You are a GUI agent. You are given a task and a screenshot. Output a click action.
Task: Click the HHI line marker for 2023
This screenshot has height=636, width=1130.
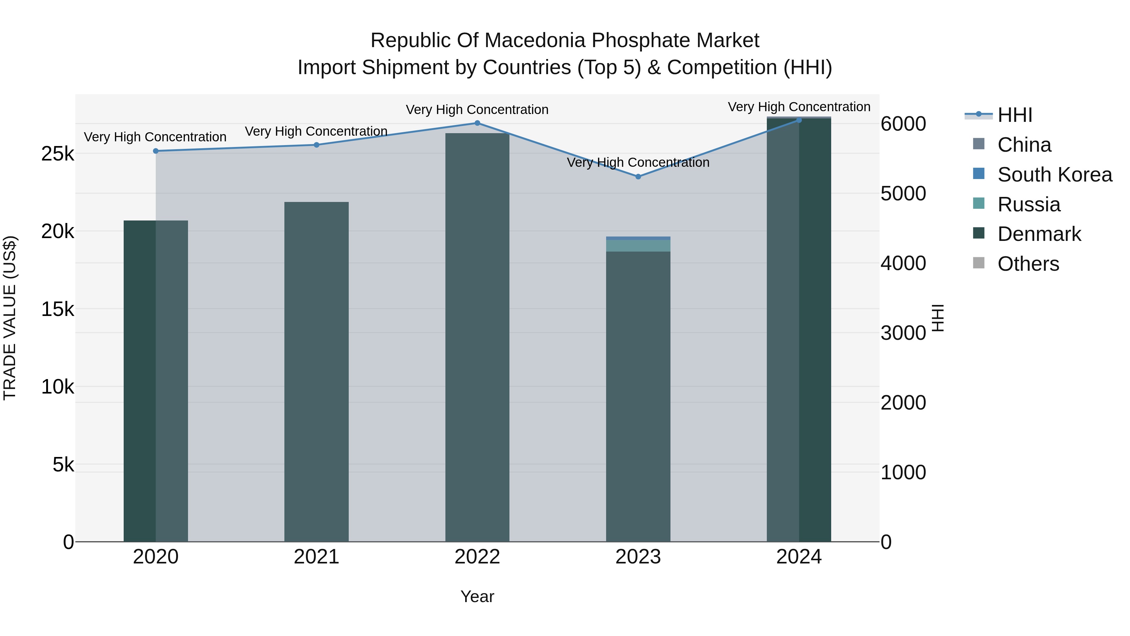638,177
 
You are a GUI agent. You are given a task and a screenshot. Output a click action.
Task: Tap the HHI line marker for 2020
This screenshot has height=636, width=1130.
156,151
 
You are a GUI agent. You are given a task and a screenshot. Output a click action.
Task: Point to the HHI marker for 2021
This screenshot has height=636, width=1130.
316,145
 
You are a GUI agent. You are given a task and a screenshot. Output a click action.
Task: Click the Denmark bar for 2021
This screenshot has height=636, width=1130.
316,373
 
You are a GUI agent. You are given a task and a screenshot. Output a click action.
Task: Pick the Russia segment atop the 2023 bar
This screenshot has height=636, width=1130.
638,245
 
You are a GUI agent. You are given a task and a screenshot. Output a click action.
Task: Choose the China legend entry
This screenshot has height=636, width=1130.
1024,145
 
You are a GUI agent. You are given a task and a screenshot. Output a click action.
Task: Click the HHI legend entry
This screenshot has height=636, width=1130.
1014,115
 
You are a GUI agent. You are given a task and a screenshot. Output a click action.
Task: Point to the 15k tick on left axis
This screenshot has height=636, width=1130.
58,309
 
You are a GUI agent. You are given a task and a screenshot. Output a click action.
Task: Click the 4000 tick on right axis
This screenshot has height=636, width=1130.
903,264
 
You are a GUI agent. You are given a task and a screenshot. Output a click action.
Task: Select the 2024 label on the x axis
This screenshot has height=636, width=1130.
799,557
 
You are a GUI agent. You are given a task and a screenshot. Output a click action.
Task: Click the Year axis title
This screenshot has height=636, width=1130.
477,596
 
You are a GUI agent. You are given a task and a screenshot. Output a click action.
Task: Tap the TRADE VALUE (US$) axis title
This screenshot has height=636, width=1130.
10,318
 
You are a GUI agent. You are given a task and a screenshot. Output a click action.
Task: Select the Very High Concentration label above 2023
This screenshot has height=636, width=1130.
638,162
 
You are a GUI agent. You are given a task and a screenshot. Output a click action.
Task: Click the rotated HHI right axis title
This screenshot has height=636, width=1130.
937,318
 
